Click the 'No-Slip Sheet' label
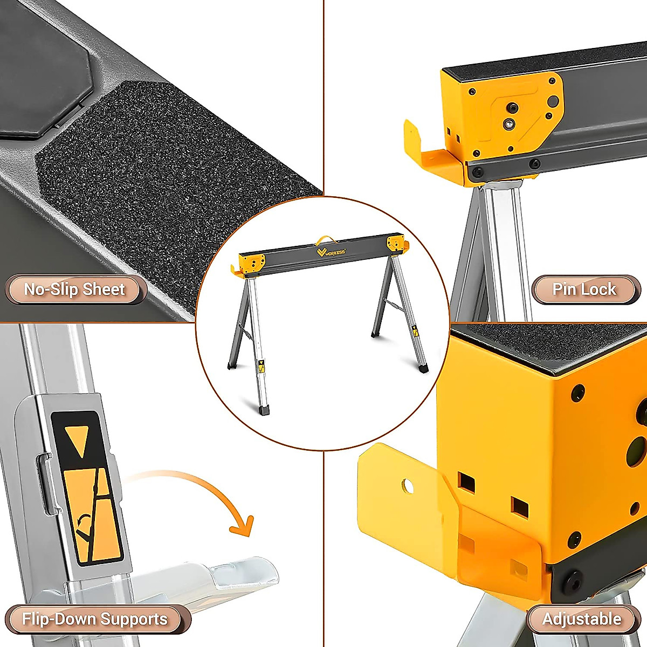point(74,290)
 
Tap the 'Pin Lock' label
point(584,290)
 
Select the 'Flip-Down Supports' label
point(95,619)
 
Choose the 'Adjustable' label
point(582,619)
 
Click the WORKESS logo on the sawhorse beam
point(331,251)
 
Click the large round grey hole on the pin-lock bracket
point(553,101)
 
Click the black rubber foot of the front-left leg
point(264,410)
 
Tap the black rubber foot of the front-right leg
point(423,368)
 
